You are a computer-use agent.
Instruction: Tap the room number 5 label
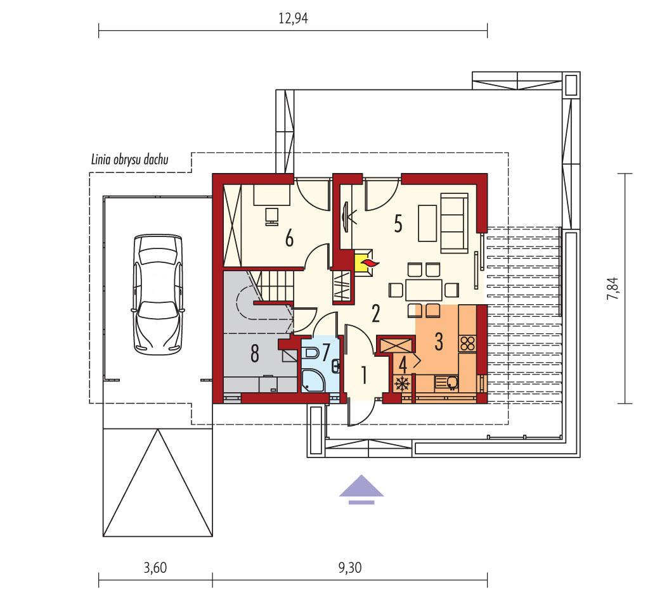point(398,224)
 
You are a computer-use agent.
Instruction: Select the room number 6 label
point(289,238)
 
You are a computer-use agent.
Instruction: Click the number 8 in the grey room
point(255,354)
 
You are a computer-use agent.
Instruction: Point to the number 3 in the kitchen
point(438,341)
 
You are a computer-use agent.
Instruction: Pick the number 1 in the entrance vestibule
point(364,375)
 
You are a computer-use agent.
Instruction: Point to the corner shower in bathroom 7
point(313,379)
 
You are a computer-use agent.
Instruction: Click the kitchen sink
point(451,382)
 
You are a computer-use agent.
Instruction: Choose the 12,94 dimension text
point(293,18)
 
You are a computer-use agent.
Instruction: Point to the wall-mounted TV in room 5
point(346,215)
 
